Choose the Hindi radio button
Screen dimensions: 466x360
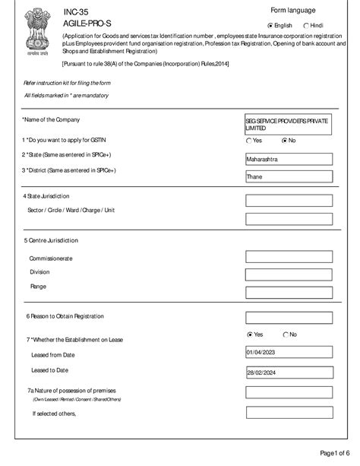point(306,25)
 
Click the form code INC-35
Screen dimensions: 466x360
point(74,13)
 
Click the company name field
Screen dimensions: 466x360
point(288,125)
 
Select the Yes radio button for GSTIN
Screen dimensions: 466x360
point(249,141)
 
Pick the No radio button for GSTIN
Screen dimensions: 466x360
point(285,141)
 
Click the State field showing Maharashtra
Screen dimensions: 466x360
point(288,160)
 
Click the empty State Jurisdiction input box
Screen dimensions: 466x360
point(288,201)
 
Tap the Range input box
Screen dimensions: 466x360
point(288,293)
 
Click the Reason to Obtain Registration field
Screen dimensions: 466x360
point(288,317)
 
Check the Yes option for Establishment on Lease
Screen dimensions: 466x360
point(251,334)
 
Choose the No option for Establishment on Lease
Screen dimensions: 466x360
point(286,334)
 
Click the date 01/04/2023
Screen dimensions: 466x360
point(288,353)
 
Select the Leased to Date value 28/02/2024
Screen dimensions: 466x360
point(288,372)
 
